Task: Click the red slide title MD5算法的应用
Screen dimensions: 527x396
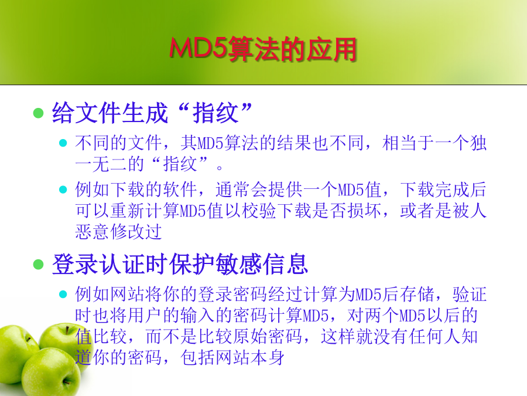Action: click(263, 49)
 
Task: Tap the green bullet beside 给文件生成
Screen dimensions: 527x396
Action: click(39, 113)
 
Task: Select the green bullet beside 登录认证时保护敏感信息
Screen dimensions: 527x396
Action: click(39, 265)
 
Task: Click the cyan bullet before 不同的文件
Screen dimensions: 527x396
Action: click(63, 143)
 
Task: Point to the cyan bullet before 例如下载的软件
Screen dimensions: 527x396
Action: click(63, 189)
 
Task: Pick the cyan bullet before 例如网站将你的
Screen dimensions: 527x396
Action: click(63, 294)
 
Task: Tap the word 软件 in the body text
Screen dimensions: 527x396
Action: click(180, 189)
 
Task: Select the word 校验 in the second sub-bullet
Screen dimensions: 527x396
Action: click(259, 211)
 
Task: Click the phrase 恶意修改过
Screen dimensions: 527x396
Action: click(119, 232)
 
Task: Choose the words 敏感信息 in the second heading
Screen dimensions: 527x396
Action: click(262, 265)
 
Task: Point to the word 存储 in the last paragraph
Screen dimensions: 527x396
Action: click(417, 294)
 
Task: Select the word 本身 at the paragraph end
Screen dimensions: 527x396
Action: click(268, 358)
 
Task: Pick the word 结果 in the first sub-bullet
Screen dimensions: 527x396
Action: click(294, 143)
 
